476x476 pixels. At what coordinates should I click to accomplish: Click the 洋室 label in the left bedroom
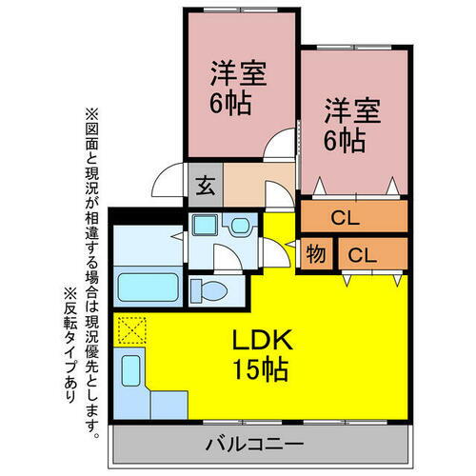(x=238, y=73)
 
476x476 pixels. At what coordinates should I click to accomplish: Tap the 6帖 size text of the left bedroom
(x=232, y=103)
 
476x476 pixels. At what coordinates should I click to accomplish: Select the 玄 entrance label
(x=205, y=187)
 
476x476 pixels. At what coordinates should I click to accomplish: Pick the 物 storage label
(x=314, y=254)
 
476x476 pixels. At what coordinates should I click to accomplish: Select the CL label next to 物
(x=362, y=254)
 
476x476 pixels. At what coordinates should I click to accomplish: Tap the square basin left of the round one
(x=205, y=227)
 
